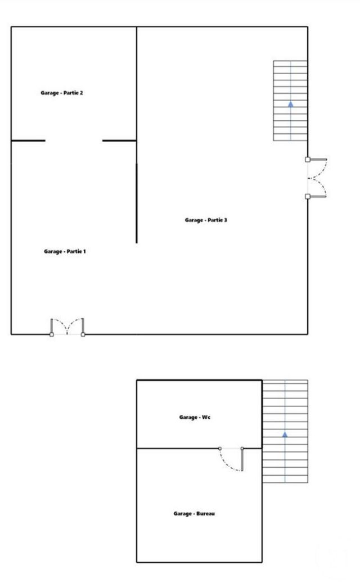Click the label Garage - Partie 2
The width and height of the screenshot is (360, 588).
point(62,93)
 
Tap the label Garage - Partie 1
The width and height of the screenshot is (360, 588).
point(65,251)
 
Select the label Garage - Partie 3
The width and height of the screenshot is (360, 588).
point(206,220)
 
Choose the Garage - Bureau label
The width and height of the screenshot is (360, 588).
point(194,514)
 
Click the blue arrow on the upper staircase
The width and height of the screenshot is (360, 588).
point(290,104)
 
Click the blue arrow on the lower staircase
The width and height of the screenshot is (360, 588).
point(285,434)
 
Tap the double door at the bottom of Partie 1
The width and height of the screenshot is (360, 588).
point(67,327)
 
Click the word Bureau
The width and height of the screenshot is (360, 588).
point(205,514)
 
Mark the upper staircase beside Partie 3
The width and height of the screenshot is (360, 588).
point(290,101)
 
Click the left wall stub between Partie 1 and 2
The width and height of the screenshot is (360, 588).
point(28,140)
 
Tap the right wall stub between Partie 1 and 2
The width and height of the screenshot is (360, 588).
point(119,140)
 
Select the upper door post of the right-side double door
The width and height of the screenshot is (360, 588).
point(308,160)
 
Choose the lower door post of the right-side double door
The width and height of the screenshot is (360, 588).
point(308,196)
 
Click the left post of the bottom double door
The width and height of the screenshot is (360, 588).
point(52,334)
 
